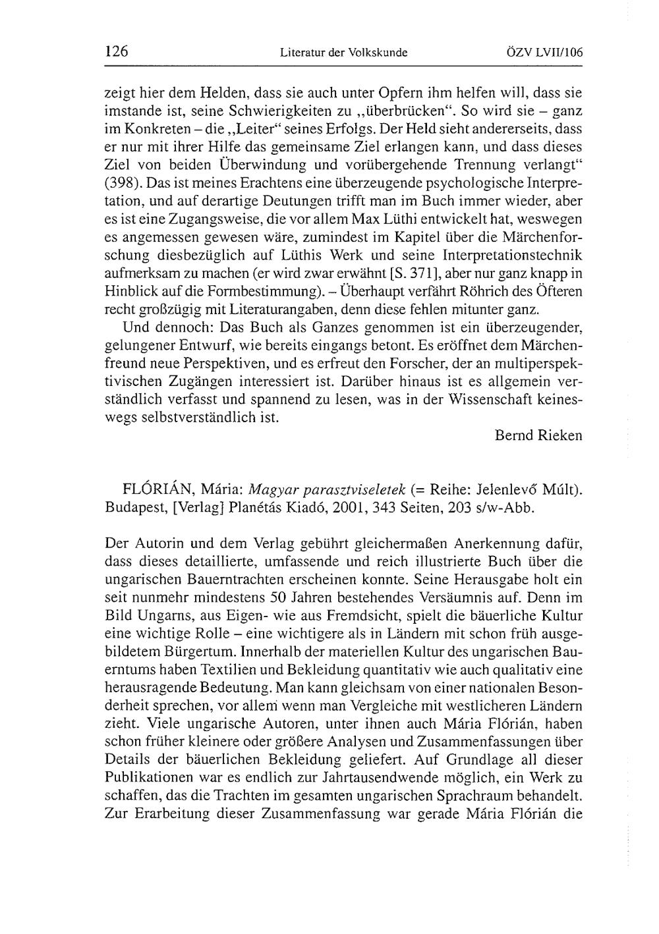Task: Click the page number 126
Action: click(115, 52)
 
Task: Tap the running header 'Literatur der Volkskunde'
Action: click(343, 53)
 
